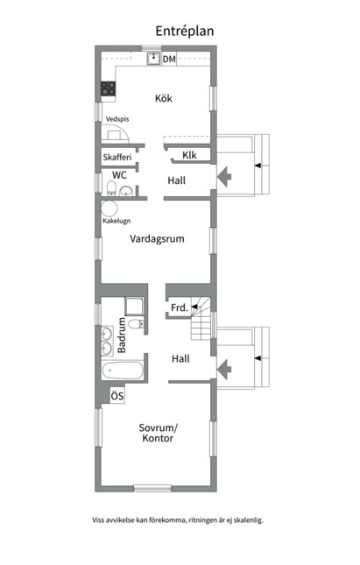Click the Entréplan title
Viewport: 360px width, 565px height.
(185, 32)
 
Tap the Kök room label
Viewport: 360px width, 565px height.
(164, 98)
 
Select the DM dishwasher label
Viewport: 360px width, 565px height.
(169, 59)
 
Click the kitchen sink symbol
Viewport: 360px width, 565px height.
(153, 59)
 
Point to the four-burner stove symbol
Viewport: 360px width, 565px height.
(108, 88)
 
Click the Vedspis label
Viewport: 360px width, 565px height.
(117, 119)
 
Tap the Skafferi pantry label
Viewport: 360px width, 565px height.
(117, 157)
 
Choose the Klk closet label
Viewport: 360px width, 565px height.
(189, 155)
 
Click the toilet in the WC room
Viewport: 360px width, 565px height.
(112, 188)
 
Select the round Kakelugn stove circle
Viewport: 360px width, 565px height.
(109, 208)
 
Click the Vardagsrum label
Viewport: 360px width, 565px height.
(157, 238)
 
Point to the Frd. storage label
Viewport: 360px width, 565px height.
(180, 307)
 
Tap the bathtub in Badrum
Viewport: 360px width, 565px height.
(123, 370)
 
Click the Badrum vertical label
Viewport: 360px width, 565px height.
(122, 335)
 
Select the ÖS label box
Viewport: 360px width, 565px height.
(117, 396)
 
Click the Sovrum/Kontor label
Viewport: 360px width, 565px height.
(158, 433)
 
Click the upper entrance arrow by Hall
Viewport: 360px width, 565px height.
(224, 177)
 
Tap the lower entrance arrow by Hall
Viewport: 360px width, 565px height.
(224, 370)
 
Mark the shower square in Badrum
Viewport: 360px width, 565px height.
(134, 307)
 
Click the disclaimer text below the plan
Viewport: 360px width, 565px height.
(177, 520)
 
